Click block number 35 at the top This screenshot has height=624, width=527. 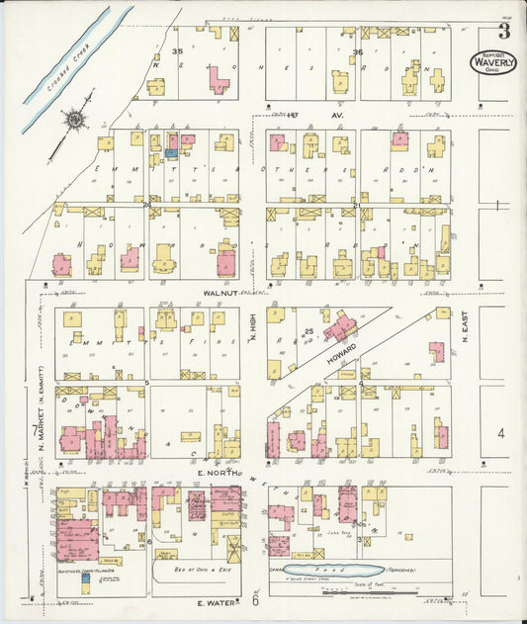coord(179,50)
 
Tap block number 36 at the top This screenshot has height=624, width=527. coord(358,51)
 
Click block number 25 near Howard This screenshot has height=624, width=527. coord(308,330)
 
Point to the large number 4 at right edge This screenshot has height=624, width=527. coord(501,433)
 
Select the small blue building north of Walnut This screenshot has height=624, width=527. coord(171,153)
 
